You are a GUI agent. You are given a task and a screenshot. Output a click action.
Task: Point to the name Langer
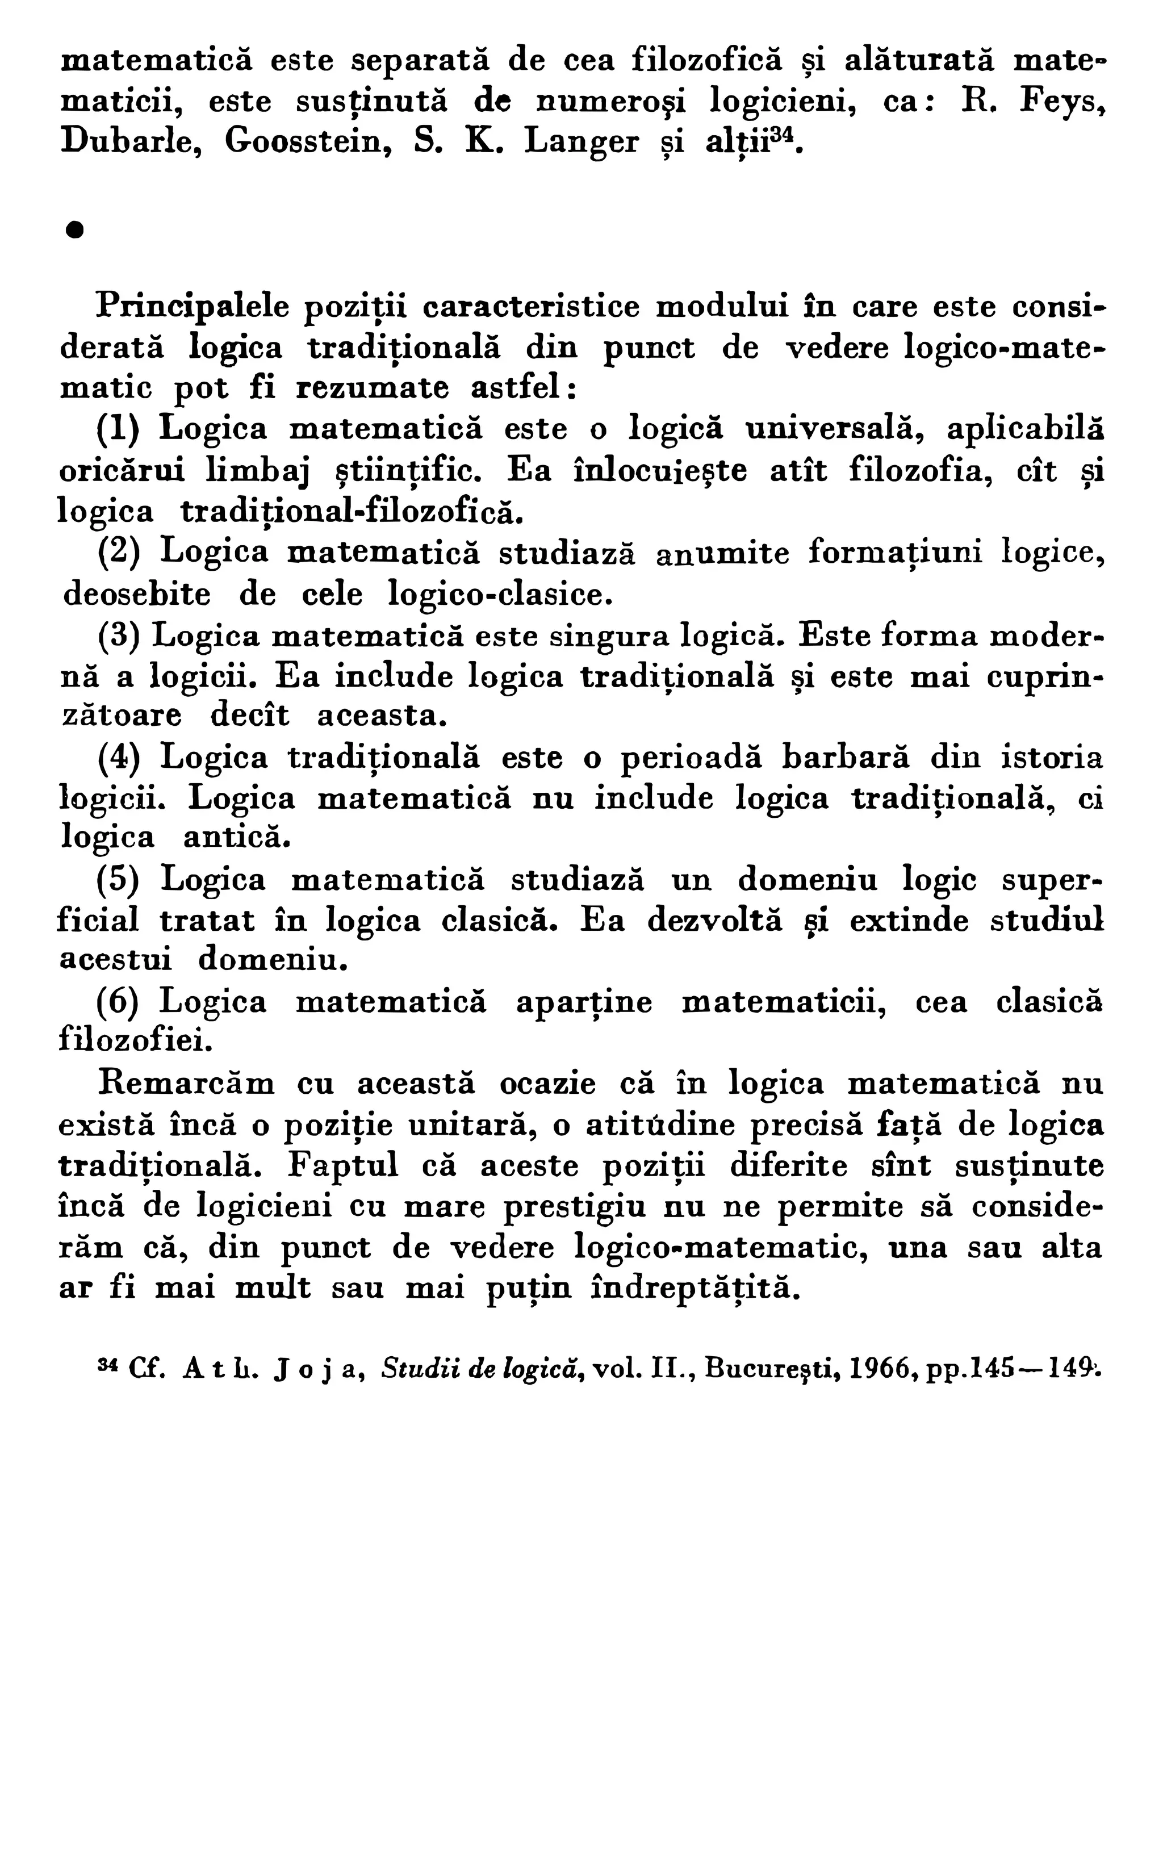click(581, 143)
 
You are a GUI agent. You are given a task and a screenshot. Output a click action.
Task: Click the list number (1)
click(118, 428)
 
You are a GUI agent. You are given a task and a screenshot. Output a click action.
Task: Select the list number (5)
click(118, 880)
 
